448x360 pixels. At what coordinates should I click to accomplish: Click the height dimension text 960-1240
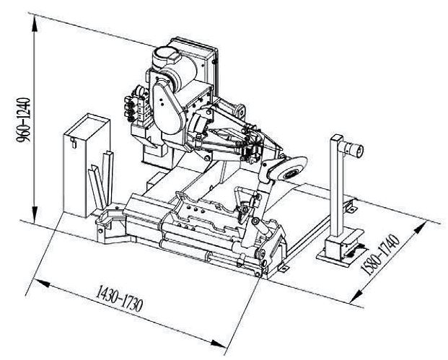coord(23,120)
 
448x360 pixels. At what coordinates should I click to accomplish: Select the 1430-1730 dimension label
coord(119,298)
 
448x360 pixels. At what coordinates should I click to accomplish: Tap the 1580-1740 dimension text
coord(379,255)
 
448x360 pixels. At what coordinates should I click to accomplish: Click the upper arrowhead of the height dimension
coord(35,24)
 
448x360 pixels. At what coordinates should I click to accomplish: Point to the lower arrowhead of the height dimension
coord(35,214)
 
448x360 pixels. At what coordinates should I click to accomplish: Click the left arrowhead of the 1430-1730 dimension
coord(40,283)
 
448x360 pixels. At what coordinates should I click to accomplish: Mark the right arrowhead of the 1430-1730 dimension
coord(218,343)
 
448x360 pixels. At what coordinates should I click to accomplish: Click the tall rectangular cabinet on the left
coord(86,165)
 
